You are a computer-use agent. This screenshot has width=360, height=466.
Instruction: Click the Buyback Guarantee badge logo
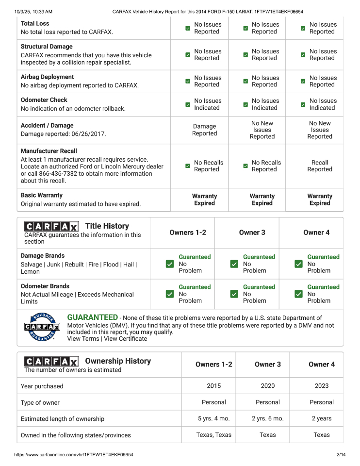(x=42, y=328)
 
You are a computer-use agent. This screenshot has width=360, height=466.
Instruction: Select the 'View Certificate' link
(x=125, y=339)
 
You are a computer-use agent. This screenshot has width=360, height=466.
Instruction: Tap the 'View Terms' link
(x=83, y=339)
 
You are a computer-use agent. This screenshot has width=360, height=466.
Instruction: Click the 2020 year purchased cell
(x=267, y=386)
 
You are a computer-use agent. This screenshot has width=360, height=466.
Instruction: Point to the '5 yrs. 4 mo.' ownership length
(x=213, y=418)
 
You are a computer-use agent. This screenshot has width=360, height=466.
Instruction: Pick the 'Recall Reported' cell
(x=320, y=166)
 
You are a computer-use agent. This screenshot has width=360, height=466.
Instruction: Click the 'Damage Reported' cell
(x=204, y=130)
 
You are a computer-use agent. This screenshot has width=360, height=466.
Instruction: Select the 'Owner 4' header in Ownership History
(x=321, y=364)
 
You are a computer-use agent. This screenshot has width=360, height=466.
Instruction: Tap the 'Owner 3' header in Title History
(x=252, y=233)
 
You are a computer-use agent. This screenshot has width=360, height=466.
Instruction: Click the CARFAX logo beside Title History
(x=51, y=226)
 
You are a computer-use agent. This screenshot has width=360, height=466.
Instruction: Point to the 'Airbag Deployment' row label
(x=48, y=77)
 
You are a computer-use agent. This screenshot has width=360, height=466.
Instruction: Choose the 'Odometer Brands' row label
(x=45, y=286)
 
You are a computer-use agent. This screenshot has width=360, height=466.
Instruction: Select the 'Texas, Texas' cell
(x=213, y=435)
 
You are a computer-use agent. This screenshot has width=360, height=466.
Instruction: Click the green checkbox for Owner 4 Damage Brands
(x=299, y=264)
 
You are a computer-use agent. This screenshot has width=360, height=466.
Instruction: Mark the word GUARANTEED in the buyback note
(x=92, y=317)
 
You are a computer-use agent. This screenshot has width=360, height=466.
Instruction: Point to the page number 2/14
(x=341, y=455)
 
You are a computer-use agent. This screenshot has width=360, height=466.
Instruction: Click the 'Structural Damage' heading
(x=47, y=47)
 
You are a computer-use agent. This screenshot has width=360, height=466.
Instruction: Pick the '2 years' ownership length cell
(x=321, y=418)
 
